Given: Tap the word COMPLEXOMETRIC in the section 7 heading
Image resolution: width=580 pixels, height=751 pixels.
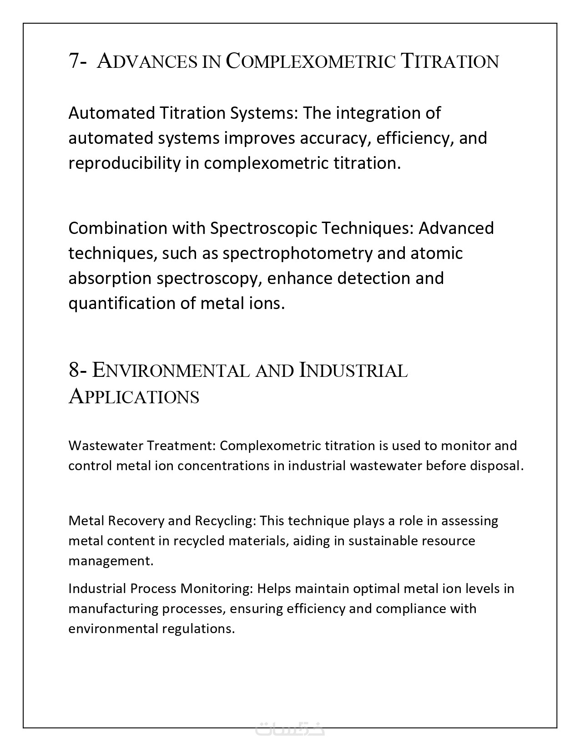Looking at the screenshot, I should (x=311, y=61).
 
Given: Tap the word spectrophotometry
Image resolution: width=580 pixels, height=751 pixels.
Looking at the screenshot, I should (x=298, y=253).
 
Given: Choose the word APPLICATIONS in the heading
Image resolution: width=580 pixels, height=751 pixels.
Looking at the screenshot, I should (x=134, y=396).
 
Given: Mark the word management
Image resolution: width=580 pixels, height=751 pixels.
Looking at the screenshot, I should (x=111, y=561).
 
